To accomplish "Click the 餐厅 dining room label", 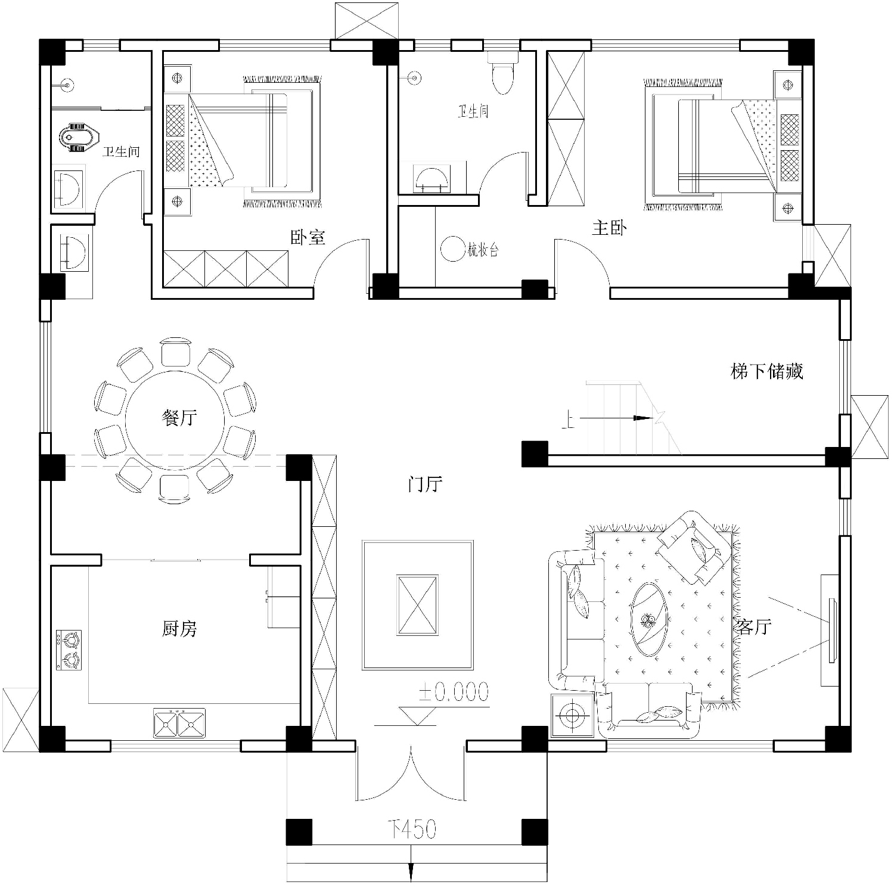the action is tap(179, 418).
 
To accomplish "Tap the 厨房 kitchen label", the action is tap(179, 628).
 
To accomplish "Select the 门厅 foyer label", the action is tap(425, 483).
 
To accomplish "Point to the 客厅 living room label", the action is tap(754, 626).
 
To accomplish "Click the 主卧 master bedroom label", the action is tap(609, 227).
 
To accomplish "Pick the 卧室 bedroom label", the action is tap(308, 237).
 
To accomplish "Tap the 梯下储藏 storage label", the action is tap(767, 371).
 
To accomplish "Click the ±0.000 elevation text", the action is tap(454, 691).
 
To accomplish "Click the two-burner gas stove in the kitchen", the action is tap(69, 650).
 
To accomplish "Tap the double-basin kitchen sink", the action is tap(179, 723).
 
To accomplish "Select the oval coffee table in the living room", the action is tap(649, 620).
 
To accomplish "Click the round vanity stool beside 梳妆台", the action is tap(452, 249).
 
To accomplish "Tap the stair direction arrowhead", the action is tap(642, 418).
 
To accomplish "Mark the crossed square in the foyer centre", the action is tap(418, 605).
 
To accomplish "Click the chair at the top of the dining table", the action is tap(176, 352).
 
